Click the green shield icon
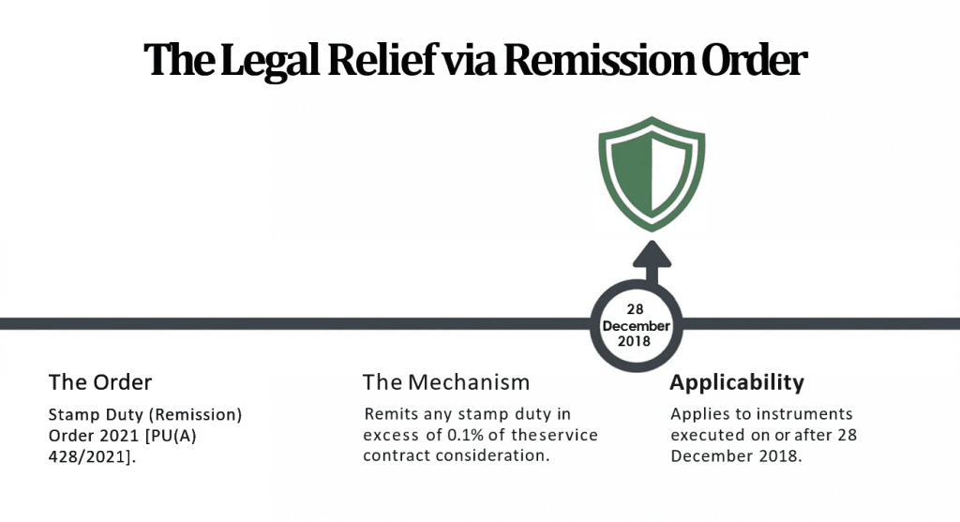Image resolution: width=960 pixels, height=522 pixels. [x=652, y=177]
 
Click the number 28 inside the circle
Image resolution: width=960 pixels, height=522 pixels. [x=637, y=309]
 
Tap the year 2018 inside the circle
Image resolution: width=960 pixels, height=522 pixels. [x=637, y=341]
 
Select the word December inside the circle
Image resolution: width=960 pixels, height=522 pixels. [x=637, y=325]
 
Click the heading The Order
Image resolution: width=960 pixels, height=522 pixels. [x=100, y=382]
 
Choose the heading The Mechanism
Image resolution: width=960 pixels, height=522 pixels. [x=446, y=382]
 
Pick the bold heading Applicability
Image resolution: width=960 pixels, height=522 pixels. [x=737, y=382]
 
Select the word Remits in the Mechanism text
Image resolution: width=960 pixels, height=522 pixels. [x=389, y=413]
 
